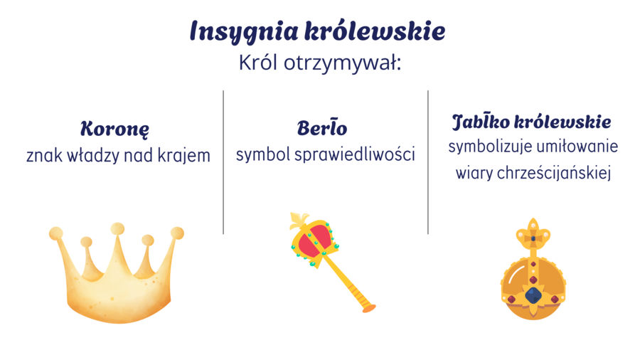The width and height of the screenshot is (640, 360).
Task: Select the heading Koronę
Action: click(114, 129)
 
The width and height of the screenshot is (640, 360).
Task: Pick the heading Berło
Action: click(322, 129)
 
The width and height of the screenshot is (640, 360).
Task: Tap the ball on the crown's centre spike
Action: click(117, 229)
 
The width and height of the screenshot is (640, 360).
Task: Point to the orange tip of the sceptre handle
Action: click(368, 307)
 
